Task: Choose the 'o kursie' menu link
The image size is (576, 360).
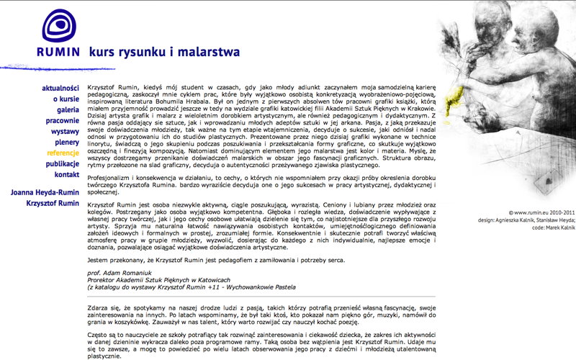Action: point(66,99)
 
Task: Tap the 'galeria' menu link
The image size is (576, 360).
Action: point(68,109)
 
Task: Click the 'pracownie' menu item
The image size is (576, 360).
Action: point(62,120)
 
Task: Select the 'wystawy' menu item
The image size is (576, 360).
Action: point(65,131)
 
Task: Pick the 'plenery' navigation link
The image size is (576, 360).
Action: point(66,142)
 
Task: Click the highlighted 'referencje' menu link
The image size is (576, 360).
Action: point(63,153)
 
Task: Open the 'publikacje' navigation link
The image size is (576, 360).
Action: point(62,163)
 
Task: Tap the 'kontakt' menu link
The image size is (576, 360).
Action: point(66,174)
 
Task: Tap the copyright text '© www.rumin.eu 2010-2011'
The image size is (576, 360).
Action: point(541,213)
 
